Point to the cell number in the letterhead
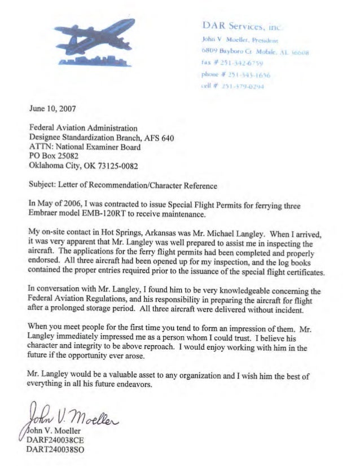237,87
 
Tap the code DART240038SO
58,450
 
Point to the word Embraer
47,213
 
